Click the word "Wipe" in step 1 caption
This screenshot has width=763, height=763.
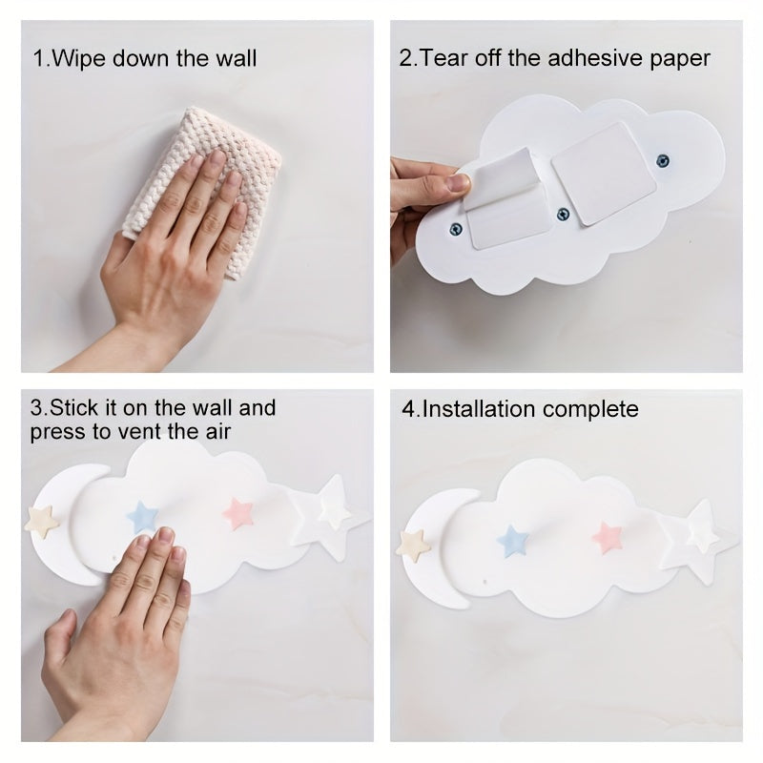(79, 58)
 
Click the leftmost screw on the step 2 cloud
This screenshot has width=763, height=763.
(456, 227)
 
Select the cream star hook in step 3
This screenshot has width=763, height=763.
(42, 519)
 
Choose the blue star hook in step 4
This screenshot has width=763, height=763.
(513, 540)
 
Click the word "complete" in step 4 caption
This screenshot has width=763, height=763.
(591, 409)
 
